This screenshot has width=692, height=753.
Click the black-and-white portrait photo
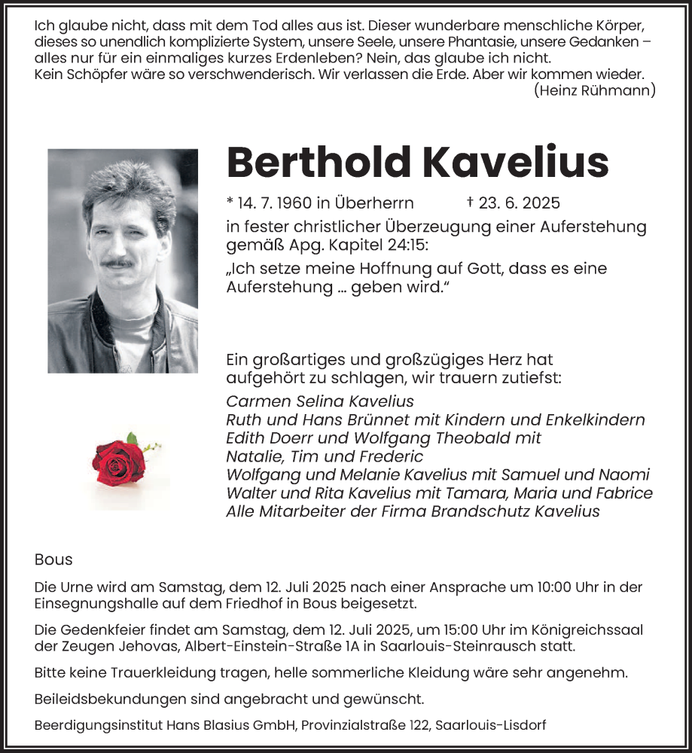[x=123, y=261]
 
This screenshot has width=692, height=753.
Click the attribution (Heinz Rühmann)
[x=595, y=90]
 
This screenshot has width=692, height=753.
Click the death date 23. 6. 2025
[x=520, y=203]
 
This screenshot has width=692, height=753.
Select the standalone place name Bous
[x=53, y=559]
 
